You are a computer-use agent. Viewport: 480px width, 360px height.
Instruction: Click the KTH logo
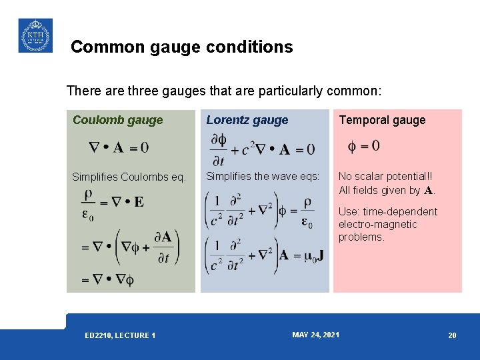click(x=35, y=35)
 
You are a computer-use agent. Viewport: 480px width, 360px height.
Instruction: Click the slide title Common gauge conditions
click(x=181, y=47)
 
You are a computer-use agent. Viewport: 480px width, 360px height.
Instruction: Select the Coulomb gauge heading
click(x=117, y=120)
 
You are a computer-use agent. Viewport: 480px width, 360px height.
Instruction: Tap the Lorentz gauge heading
click(x=247, y=120)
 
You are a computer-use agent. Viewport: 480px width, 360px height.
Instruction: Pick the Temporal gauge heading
click(x=382, y=120)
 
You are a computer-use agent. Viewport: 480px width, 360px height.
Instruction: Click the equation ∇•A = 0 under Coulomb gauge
click(x=119, y=147)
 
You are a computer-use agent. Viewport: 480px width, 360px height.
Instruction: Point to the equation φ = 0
click(x=364, y=145)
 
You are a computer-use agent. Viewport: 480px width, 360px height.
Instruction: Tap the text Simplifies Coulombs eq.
click(x=129, y=177)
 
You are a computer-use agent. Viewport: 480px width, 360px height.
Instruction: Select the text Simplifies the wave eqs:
click(x=263, y=176)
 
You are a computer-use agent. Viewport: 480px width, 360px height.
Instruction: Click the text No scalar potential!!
click(x=385, y=177)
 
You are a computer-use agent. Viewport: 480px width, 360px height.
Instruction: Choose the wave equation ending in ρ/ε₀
click(x=260, y=211)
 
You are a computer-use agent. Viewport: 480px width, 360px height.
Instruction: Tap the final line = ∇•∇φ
click(x=108, y=279)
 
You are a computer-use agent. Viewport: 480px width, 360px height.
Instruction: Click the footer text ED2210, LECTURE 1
click(x=120, y=335)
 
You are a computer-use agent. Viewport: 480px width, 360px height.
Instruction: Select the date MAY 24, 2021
click(x=315, y=334)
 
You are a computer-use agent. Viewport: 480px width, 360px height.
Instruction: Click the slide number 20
click(x=452, y=335)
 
